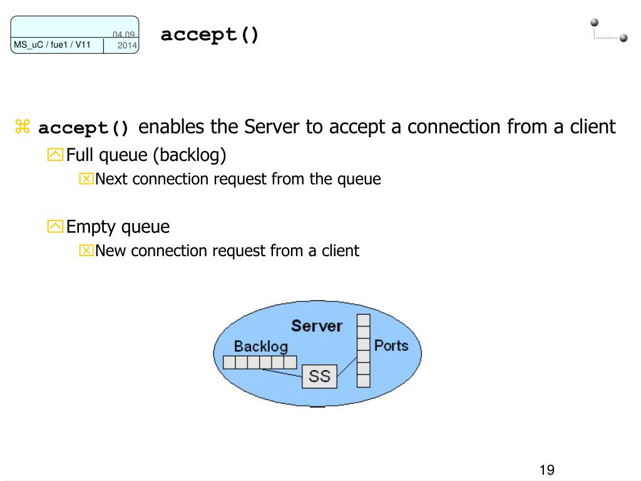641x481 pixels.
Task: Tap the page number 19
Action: tap(546, 470)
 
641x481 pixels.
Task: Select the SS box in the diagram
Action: tap(319, 377)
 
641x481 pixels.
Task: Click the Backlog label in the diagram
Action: tap(260, 346)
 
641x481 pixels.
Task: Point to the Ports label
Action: tap(391, 344)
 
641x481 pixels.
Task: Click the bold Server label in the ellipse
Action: tap(317, 326)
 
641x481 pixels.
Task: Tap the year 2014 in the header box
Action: tap(127, 46)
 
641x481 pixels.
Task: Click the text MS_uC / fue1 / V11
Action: tap(52, 44)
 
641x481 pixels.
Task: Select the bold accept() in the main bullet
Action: tap(84, 128)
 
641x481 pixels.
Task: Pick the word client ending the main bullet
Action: tap(593, 127)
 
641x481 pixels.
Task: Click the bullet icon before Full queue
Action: tap(55, 155)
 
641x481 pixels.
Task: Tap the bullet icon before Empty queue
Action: tap(55, 227)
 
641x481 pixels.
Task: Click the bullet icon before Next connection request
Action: tap(86, 180)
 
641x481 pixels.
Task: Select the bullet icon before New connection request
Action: tap(86, 252)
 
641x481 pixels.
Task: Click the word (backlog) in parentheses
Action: tap(190, 155)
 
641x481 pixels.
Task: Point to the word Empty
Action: tap(91, 227)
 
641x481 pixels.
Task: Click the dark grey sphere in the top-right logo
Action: tap(623, 38)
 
